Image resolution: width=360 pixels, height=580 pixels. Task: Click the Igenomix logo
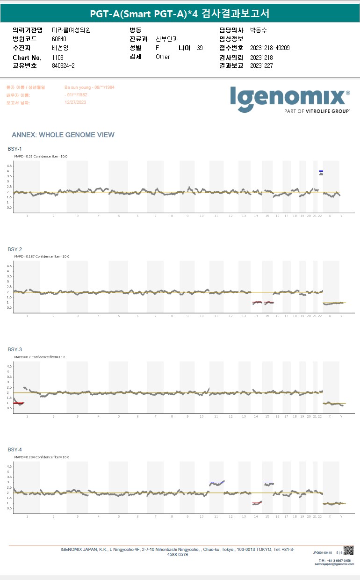(x=289, y=98)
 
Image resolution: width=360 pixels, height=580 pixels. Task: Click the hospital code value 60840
(x=59, y=39)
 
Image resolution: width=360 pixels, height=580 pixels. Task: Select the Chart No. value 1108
(x=58, y=58)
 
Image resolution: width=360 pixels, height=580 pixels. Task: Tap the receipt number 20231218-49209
(x=270, y=48)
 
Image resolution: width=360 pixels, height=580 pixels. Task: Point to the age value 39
(x=200, y=48)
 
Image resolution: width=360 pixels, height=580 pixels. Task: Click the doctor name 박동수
(x=259, y=30)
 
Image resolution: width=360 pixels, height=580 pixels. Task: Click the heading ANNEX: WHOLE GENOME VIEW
(x=63, y=135)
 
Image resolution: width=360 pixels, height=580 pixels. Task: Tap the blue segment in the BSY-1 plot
(x=321, y=171)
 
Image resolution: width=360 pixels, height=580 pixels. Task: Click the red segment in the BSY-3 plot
(x=19, y=403)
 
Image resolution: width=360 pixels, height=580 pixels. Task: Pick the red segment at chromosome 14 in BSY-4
(x=257, y=503)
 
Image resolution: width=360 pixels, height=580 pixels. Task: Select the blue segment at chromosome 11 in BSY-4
(x=216, y=482)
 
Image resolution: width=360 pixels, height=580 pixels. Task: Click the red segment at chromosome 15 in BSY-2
(x=268, y=302)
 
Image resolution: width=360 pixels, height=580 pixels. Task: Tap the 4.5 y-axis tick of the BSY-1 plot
(x=9, y=166)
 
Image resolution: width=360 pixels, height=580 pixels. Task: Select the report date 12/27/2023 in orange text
(x=75, y=102)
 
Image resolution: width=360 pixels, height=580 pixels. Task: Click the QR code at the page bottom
(x=348, y=551)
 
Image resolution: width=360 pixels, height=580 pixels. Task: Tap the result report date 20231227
(x=261, y=65)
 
